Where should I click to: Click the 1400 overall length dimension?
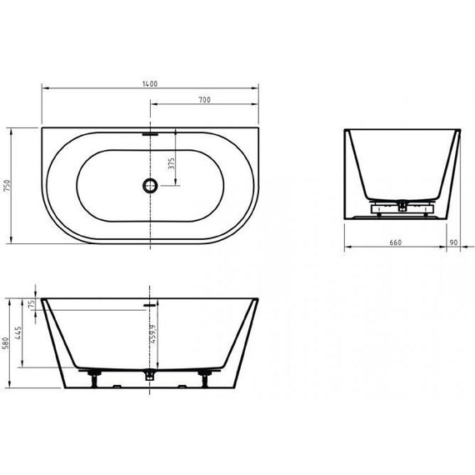point(150,82)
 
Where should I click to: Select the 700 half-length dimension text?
point(203,100)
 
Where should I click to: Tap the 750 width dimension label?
point(7,186)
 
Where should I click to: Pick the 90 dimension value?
point(453,242)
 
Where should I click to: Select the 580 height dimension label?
point(7,342)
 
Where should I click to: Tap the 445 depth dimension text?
point(18,335)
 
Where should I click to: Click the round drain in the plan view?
point(149,185)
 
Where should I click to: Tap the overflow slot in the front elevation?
point(149,305)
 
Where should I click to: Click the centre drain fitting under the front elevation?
point(149,376)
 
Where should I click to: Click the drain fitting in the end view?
point(402,203)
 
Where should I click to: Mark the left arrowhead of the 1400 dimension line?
point(43,87)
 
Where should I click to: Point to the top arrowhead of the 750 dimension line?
point(11,130)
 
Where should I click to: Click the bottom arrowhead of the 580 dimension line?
point(11,387)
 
